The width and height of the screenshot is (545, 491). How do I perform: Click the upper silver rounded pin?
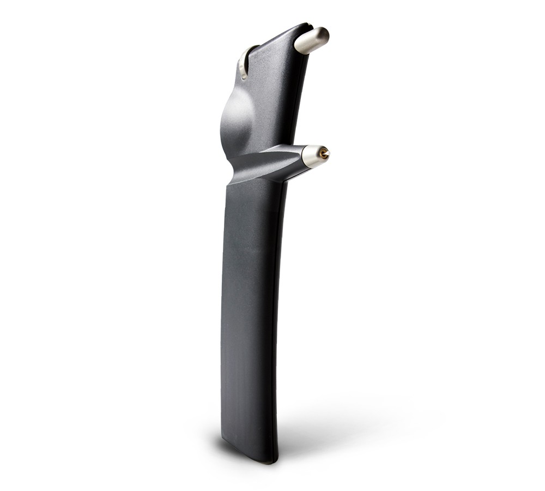click(312, 40)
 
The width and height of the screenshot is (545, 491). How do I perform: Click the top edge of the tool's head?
click(283, 33)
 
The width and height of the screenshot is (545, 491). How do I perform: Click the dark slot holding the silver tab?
click(249, 55)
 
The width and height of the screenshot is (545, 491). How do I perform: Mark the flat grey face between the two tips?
click(272, 98)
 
